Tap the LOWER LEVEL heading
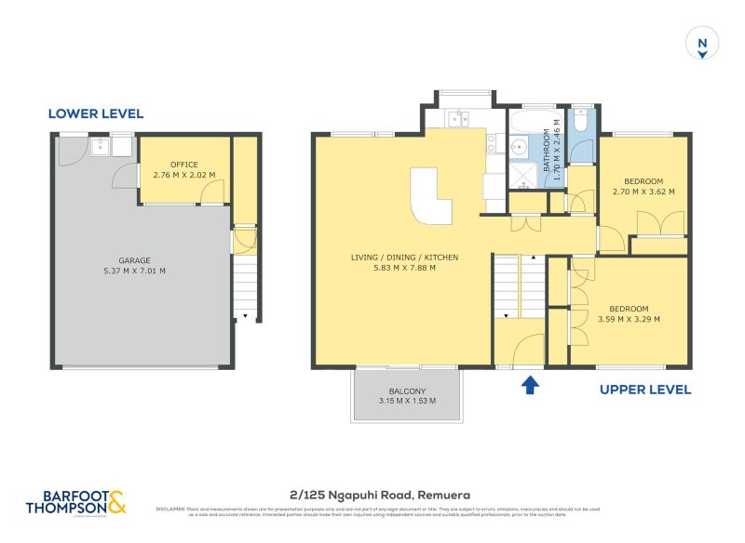tap(96, 113)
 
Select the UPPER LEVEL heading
tap(644, 390)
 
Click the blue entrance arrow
tap(529, 384)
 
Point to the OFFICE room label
tap(183, 165)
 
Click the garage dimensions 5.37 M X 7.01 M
tap(134, 271)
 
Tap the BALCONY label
tap(407, 391)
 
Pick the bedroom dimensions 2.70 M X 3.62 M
tap(643, 192)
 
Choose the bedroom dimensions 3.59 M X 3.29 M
tap(629, 319)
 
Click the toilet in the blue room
tap(580, 122)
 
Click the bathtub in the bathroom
tap(529, 120)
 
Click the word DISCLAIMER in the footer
tap(169, 509)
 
